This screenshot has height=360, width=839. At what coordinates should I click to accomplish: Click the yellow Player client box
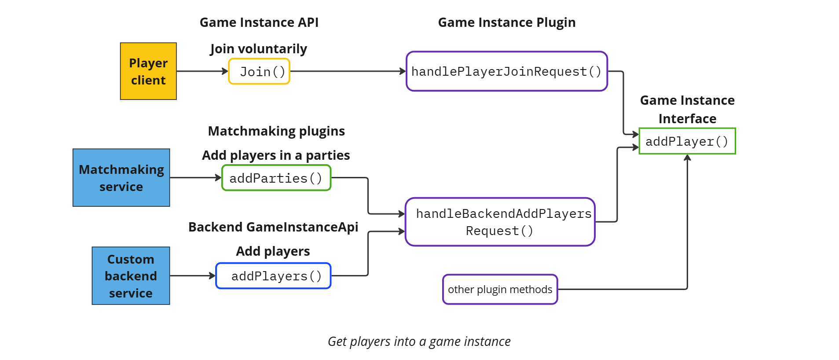tap(148, 71)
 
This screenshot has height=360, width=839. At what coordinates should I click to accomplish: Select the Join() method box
tap(259, 71)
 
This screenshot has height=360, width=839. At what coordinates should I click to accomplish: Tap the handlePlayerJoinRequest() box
tap(506, 71)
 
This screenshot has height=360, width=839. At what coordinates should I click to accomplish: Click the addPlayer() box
tap(687, 141)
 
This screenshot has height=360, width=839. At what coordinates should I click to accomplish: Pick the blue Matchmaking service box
tap(121, 178)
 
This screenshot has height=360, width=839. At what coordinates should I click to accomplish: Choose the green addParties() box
tap(276, 178)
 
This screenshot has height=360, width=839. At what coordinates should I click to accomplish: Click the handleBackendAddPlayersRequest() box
tap(500, 222)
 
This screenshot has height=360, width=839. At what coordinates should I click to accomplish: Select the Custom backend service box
tap(131, 276)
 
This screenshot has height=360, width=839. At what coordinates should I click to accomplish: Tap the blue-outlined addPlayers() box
tap(273, 276)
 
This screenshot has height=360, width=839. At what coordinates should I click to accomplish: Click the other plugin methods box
tap(500, 290)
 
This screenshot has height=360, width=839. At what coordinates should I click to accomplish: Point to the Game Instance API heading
tap(259, 22)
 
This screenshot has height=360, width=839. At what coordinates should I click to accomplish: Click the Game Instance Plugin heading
tap(506, 22)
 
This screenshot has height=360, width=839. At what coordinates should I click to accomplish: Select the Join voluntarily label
tap(258, 49)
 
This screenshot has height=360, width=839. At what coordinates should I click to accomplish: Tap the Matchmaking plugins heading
tap(276, 131)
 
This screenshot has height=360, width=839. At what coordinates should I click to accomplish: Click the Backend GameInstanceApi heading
tap(273, 227)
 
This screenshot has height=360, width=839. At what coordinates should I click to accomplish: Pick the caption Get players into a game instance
tap(419, 342)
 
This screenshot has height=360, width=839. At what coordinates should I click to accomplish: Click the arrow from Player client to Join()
tap(202, 71)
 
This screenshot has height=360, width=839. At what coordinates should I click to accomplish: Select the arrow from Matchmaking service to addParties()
tap(195, 178)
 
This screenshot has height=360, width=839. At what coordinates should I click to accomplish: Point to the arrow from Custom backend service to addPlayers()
tap(192, 276)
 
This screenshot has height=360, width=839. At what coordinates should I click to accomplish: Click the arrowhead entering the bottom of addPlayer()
tap(687, 158)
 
